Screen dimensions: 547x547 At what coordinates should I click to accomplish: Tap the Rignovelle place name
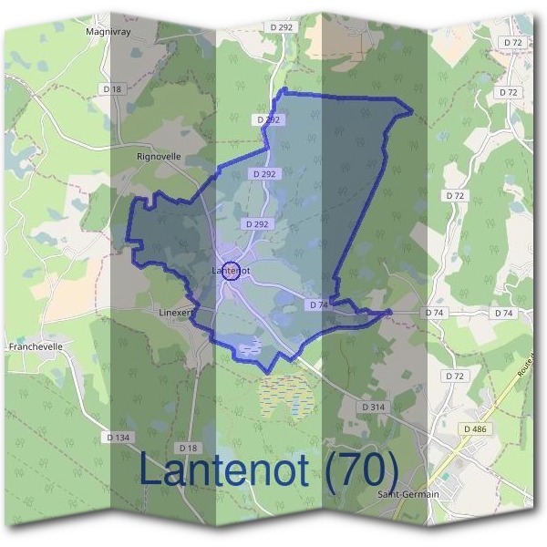point(159,157)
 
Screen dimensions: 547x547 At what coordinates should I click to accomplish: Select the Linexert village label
point(178,312)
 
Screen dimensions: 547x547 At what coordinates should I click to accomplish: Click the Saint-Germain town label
point(408,494)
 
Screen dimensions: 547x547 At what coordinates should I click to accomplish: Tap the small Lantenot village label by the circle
point(230,271)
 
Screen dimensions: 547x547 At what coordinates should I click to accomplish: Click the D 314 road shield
point(374,406)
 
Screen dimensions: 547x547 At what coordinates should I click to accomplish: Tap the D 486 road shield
point(475,428)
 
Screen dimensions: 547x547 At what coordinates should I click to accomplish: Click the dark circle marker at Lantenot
point(232,271)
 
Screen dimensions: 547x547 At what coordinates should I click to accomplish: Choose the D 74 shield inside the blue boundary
point(318,304)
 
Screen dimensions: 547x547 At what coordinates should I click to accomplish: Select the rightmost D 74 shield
point(503,313)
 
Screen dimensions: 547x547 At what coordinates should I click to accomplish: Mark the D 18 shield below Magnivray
point(112,89)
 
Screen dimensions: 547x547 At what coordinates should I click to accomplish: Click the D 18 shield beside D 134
point(188,448)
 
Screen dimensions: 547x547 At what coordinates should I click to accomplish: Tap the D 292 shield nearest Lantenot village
point(256,224)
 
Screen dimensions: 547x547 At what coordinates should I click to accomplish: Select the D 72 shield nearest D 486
point(454,376)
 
